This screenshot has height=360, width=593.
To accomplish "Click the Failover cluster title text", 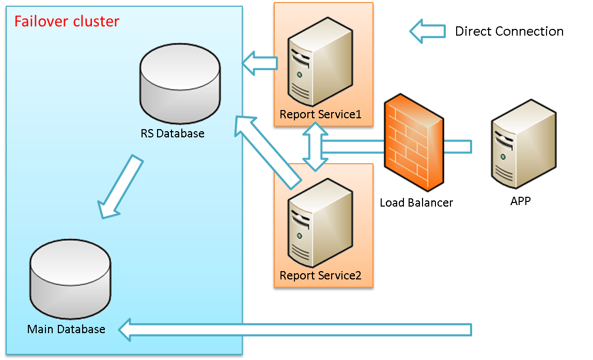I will (67, 22).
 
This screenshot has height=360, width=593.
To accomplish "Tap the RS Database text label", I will (173, 134).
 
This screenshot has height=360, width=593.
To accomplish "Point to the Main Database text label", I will (66, 329).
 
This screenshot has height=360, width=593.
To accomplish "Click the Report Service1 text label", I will (320, 114).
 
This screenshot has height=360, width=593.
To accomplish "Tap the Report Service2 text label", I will (320, 275).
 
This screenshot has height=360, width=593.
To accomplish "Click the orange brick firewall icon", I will (414, 143).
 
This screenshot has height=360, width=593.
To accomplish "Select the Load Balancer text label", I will (416, 202).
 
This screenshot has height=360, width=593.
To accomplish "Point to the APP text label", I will (521, 201).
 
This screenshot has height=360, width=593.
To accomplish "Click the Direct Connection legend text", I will (509, 32).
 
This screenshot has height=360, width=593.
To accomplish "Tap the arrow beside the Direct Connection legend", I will (428, 32).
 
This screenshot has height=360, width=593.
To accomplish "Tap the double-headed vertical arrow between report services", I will (316, 147).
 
